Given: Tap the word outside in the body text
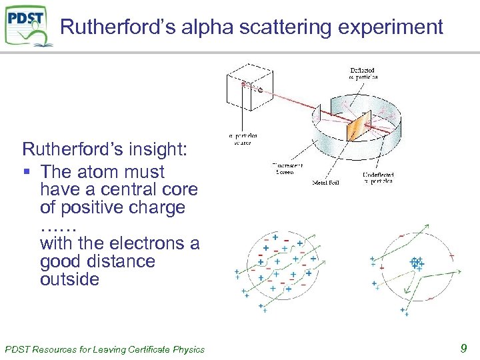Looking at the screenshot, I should (x=69, y=279).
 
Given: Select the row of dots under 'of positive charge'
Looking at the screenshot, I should (x=59, y=227).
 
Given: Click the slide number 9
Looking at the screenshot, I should (x=463, y=347).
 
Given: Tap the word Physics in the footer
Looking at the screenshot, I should (x=189, y=349).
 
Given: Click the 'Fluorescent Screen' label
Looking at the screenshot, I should (x=287, y=169).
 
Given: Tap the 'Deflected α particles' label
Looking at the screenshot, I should (x=364, y=73).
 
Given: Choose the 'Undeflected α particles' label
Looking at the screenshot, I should (x=377, y=178).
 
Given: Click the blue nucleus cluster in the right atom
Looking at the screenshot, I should (x=416, y=263).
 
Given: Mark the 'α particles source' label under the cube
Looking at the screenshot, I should (x=244, y=139).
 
